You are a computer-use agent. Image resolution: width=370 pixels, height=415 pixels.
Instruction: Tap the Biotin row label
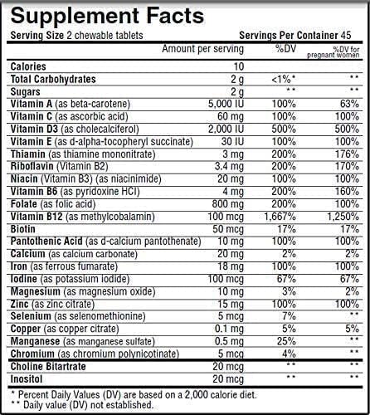tap(25, 230)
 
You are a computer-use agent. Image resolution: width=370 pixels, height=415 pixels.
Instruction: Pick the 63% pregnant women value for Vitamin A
tap(349, 104)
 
